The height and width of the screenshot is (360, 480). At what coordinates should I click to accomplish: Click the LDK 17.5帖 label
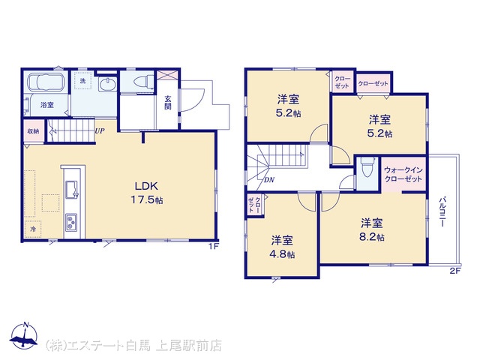[147, 193]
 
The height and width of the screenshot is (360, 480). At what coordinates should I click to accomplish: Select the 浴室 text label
[47, 105]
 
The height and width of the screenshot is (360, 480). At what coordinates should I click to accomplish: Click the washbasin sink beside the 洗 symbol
[107, 83]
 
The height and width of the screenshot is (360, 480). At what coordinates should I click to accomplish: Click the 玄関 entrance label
[168, 103]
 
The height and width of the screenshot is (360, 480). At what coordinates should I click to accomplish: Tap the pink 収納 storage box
[33, 131]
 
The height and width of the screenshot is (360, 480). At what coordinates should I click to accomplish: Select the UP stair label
[100, 131]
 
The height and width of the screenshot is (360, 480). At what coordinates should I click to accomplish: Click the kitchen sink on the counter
[72, 190]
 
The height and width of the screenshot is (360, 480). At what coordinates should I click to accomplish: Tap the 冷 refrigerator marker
[33, 229]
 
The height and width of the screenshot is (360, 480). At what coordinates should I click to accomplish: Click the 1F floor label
[214, 247]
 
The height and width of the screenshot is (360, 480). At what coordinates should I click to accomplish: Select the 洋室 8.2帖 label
[372, 230]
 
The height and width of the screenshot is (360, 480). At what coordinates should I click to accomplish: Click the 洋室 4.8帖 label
[283, 247]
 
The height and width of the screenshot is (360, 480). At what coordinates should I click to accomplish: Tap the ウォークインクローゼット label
[403, 175]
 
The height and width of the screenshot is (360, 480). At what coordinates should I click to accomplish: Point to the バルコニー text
[442, 212]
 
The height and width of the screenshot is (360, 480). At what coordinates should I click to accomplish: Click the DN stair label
[269, 180]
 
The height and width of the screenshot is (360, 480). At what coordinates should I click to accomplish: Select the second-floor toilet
[367, 167]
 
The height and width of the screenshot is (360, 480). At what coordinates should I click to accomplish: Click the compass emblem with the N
[24, 336]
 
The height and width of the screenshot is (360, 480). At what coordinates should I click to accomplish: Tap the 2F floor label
[455, 271]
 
